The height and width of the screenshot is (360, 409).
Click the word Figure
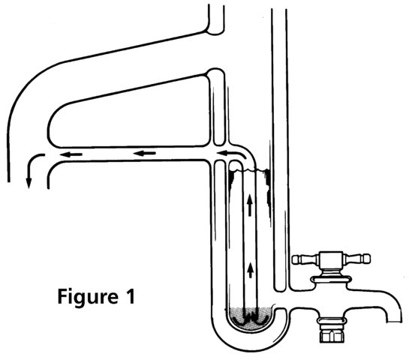pyautogui.click(x=88, y=298)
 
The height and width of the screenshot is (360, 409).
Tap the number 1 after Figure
pyautogui.click(x=130, y=296)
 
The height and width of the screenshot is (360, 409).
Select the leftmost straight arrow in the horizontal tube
pyautogui.click(x=71, y=154)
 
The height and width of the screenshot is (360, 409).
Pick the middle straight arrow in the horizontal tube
pyautogui.click(x=145, y=153)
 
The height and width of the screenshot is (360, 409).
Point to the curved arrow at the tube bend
pyautogui.click(x=232, y=153)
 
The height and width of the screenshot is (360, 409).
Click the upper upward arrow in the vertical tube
pyautogui.click(x=250, y=205)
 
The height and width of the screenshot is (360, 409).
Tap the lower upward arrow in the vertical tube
pyautogui.click(x=251, y=270)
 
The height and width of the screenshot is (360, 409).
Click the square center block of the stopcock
pyautogui.click(x=331, y=259)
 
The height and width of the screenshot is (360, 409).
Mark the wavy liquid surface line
pyautogui.click(x=249, y=170)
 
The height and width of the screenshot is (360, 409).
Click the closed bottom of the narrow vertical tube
pyautogui.click(x=280, y=289)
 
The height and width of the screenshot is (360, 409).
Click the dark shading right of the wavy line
pyautogui.click(x=268, y=187)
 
